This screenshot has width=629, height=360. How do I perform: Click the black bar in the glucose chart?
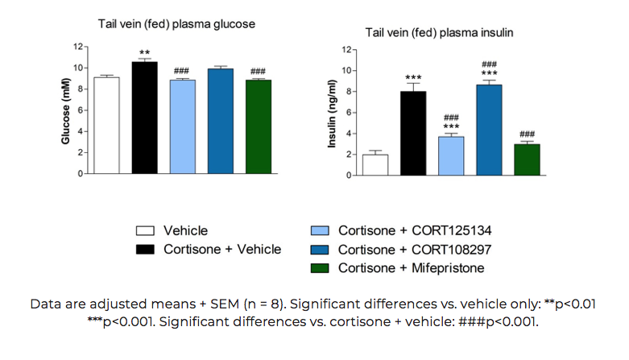coord(144,118)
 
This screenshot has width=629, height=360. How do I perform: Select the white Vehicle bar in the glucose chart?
coord(106,126)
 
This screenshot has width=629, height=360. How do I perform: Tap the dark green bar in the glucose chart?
coord(259,126)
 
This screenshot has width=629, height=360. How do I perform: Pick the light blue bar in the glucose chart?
coord(182,126)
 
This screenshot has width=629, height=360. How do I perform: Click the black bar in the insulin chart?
coord(413,133)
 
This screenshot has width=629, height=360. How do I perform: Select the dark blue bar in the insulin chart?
coord(489,130)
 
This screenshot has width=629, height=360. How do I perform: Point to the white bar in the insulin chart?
coord(375,164)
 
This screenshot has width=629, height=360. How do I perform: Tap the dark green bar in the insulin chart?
coord(527,159)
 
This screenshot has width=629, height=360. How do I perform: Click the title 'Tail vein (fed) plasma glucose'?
coord(176,24)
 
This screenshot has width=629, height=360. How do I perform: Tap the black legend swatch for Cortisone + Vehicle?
coord(144,250)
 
